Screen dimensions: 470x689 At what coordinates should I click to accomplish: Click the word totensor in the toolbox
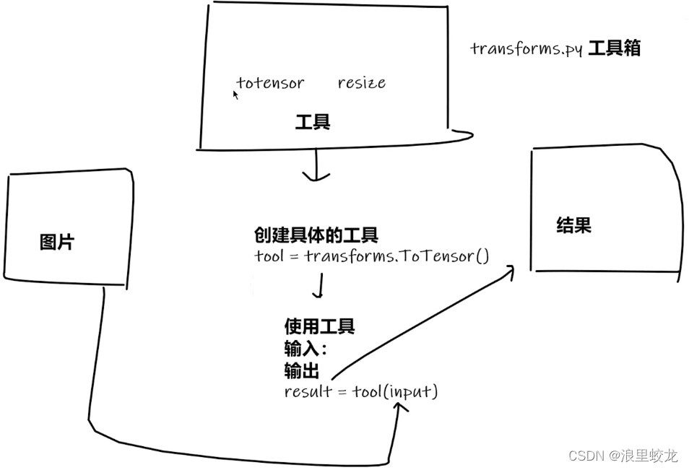pyautogui.click(x=270, y=83)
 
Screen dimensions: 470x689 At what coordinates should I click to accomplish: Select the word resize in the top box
pyautogui.click(x=361, y=83)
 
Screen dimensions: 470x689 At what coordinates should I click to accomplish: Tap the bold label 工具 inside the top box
pyautogui.click(x=313, y=122)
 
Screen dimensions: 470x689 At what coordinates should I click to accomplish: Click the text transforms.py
pyautogui.click(x=525, y=49)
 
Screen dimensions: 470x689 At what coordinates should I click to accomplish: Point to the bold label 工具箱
pyautogui.click(x=614, y=48)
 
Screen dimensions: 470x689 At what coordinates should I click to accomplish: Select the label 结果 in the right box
pyautogui.click(x=574, y=225)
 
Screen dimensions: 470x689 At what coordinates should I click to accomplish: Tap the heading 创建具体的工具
pyautogui.click(x=316, y=235)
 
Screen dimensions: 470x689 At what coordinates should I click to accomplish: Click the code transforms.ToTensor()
pyautogui.click(x=397, y=256)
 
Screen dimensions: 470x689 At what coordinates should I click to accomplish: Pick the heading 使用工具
pyautogui.click(x=319, y=327)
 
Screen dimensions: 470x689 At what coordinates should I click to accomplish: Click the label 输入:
pyautogui.click(x=305, y=349)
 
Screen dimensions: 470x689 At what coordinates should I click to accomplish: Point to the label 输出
pyautogui.click(x=302, y=371)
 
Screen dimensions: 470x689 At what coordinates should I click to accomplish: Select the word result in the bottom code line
pyautogui.click(x=307, y=392)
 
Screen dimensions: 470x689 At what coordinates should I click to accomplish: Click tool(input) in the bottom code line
pyautogui.click(x=395, y=392)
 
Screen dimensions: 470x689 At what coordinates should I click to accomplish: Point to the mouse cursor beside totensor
pyautogui.click(x=235, y=94)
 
